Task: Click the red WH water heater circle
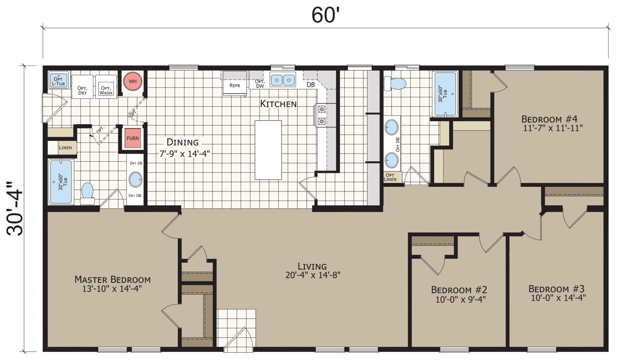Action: pos(133,81)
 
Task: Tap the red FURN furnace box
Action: pos(133,138)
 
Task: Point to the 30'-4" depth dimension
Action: pos(15,208)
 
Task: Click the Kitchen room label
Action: pos(278,104)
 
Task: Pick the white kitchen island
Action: pos(268,150)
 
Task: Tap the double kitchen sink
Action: pos(283,80)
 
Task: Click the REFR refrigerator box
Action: pos(234,85)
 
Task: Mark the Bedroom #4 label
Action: pos(549,119)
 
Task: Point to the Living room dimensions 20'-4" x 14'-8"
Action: pos(313,275)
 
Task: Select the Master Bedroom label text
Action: pos(112,279)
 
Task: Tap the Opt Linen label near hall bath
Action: pos(391,177)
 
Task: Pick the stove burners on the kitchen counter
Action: pos(322,115)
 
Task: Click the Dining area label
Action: pos(182,142)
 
